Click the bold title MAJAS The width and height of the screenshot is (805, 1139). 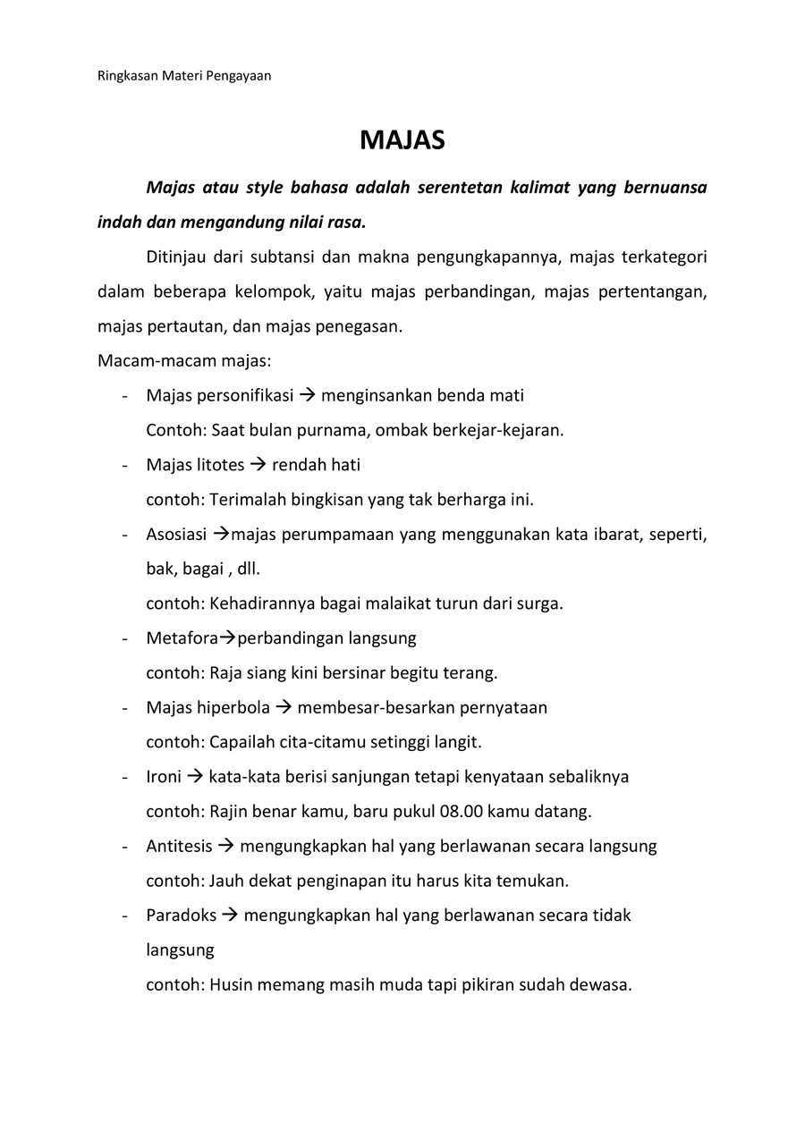click(x=402, y=140)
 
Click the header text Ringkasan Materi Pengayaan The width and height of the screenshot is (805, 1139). click(x=183, y=76)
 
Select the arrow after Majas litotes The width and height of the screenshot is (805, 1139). click(x=258, y=465)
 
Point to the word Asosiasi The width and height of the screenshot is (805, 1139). click(x=176, y=535)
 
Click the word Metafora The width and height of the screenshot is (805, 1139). click(x=182, y=638)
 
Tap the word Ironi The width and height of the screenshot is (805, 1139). click(x=164, y=777)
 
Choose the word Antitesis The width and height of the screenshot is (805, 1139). click(x=179, y=846)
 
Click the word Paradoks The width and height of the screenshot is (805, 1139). click(x=181, y=915)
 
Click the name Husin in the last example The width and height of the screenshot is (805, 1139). click(x=231, y=985)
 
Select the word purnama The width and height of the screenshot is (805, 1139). click(x=333, y=430)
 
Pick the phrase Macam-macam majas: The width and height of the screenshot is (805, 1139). click(x=183, y=361)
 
